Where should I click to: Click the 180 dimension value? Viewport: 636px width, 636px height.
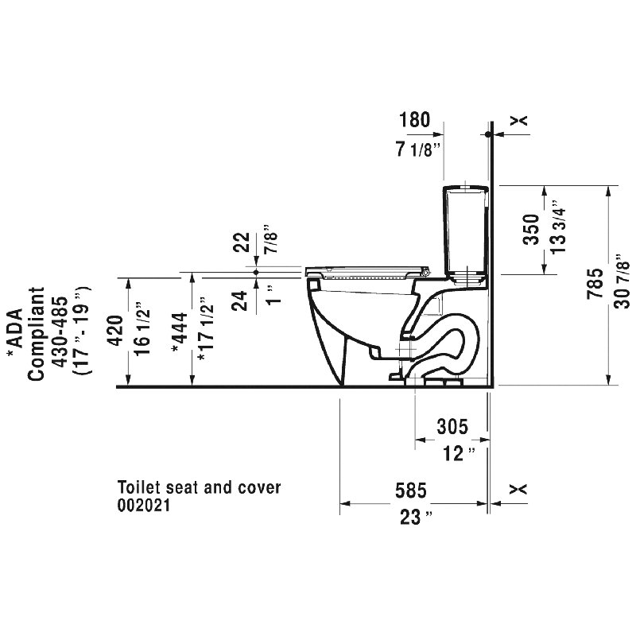click(414, 120)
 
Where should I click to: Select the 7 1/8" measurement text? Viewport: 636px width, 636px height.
click(418, 149)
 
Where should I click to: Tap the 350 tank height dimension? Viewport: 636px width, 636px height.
click(531, 230)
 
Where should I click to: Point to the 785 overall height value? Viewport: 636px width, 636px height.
click(595, 284)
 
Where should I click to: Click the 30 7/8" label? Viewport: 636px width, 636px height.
click(622, 281)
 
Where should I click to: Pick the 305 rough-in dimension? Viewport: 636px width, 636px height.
click(452, 426)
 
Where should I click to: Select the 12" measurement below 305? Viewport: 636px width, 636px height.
click(459, 453)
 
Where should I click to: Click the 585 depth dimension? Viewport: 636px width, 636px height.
click(411, 491)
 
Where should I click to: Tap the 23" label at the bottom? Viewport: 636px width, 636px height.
click(416, 518)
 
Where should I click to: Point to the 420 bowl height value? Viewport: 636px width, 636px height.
click(116, 330)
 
